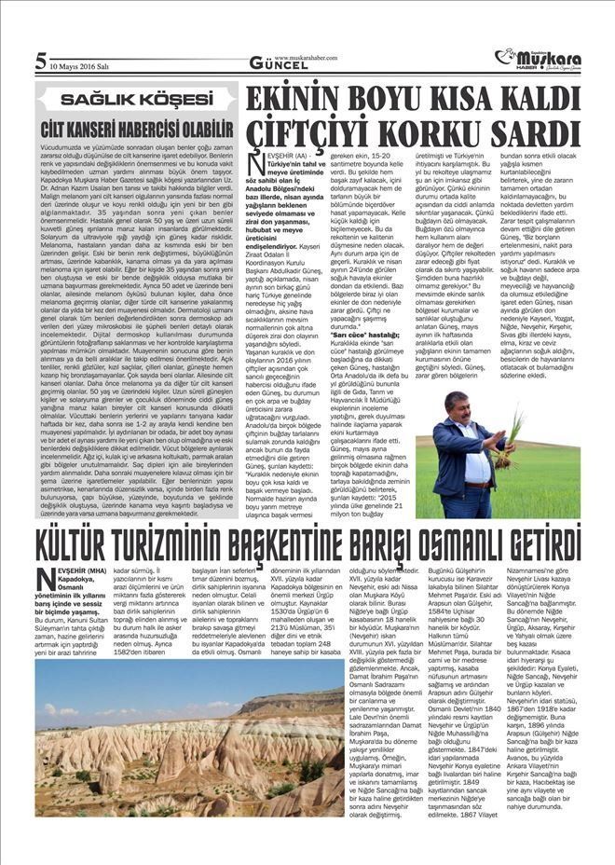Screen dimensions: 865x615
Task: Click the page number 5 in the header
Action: [40, 62]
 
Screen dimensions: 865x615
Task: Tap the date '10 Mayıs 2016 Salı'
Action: [77, 66]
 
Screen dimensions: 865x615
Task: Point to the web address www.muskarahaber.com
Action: [307, 57]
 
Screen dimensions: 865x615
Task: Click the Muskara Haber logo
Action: [540, 59]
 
